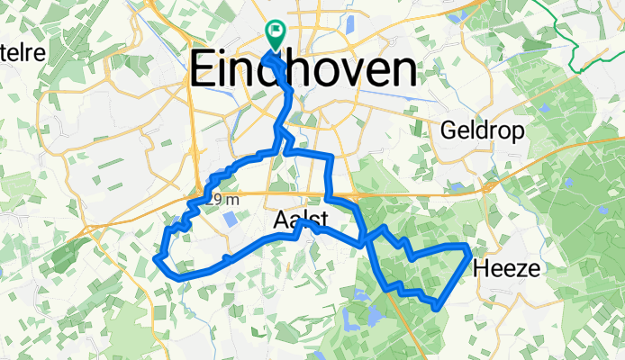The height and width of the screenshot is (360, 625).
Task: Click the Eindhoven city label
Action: (x=304, y=71)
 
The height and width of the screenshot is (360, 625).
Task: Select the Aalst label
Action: (x=298, y=221)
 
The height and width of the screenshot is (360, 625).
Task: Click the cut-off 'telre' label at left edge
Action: (x=23, y=53)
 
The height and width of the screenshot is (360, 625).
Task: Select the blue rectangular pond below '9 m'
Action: (x=231, y=219)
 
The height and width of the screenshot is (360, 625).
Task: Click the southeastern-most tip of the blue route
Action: (x=437, y=309)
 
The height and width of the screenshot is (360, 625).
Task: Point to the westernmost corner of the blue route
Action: (x=158, y=259)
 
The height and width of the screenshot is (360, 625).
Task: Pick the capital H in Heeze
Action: (x=480, y=267)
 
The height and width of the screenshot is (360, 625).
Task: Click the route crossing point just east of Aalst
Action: (x=364, y=240)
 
